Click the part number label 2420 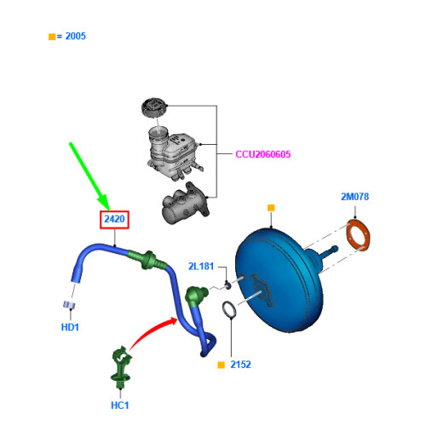click(114, 219)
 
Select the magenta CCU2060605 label click(263, 154)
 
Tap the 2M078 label click(354, 197)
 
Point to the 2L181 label click(201, 267)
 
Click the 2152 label click(240, 365)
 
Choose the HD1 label click(70, 327)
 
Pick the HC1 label click(119, 406)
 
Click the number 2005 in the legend click(75, 36)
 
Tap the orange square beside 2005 click(52, 37)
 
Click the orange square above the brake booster click(271, 208)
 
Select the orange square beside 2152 click(221, 365)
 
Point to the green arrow click(89, 176)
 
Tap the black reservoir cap click(153, 107)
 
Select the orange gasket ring click(359, 234)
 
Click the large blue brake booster click(279, 279)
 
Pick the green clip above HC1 click(121, 367)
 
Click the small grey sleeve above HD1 click(69, 305)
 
